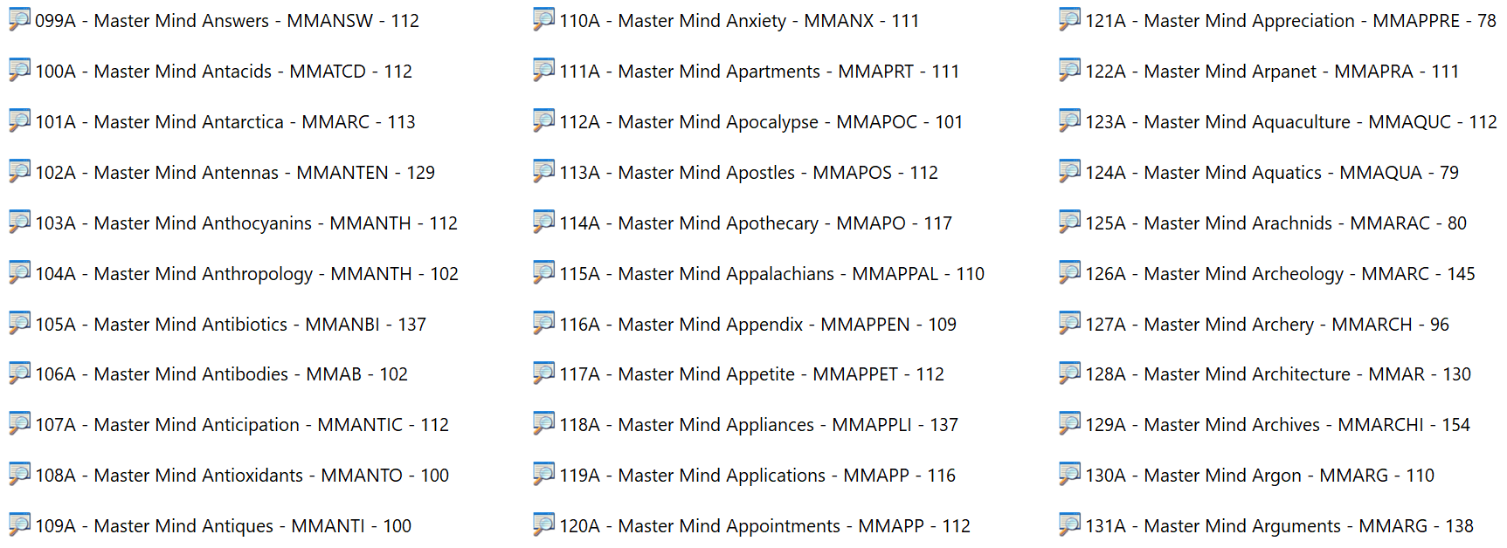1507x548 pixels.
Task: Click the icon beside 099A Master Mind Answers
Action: tap(19, 19)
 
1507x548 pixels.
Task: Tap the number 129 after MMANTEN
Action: tap(420, 173)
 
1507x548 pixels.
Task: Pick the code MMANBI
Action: tap(342, 325)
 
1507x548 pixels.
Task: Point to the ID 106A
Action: tap(56, 374)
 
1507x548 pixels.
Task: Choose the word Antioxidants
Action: tap(252, 476)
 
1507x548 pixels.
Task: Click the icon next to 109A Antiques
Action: tap(19, 524)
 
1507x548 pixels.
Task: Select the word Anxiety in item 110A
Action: tap(756, 21)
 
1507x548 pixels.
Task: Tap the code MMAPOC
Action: tap(877, 122)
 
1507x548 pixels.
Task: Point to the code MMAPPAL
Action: tap(895, 274)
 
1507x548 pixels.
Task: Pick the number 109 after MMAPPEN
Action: tap(942, 325)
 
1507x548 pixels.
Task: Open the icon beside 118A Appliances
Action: tap(543, 423)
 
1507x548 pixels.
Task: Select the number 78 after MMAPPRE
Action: tap(1487, 21)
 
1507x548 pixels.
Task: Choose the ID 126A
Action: tap(1106, 274)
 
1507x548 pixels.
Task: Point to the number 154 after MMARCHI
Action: tap(1455, 425)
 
